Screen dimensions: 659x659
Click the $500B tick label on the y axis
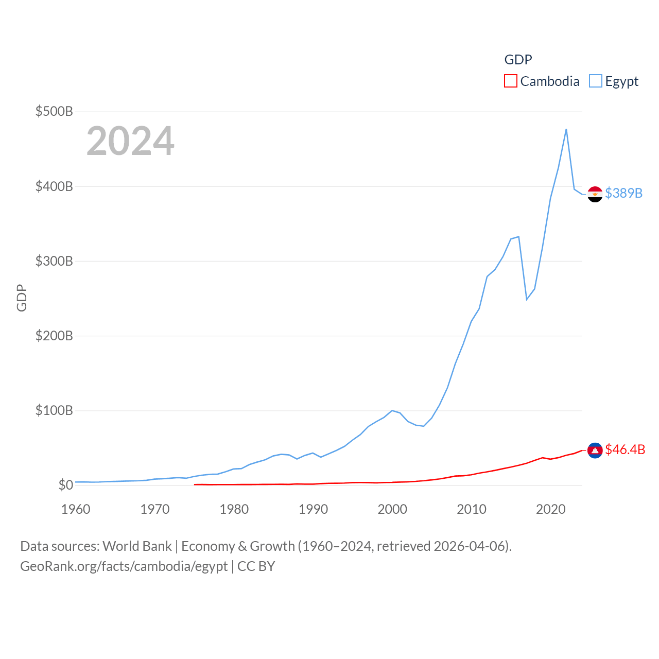[54, 111]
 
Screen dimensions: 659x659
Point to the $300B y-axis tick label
[54, 261]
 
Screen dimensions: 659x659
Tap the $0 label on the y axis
[65, 485]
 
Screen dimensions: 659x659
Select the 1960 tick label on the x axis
[76, 509]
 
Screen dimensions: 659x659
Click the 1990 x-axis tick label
[313, 509]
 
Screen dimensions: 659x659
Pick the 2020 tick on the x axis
[550, 509]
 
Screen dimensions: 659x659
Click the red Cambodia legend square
[510, 81]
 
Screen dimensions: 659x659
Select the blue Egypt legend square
[595, 81]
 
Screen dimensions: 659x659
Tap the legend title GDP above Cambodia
[518, 60]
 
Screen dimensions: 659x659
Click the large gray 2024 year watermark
[130, 141]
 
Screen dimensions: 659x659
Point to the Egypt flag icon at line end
[595, 194]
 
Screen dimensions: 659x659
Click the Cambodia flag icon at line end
[595, 450]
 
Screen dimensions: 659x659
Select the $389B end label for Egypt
[623, 193]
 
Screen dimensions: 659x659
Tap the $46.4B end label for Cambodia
[625, 449]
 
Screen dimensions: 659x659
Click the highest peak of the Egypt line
[566, 129]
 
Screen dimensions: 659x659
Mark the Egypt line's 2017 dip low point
[527, 299]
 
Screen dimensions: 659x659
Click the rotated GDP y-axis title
[22, 298]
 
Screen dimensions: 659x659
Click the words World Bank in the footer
[137, 546]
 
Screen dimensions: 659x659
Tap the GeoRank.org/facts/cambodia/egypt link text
[124, 566]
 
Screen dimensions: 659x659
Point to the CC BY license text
[256, 566]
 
